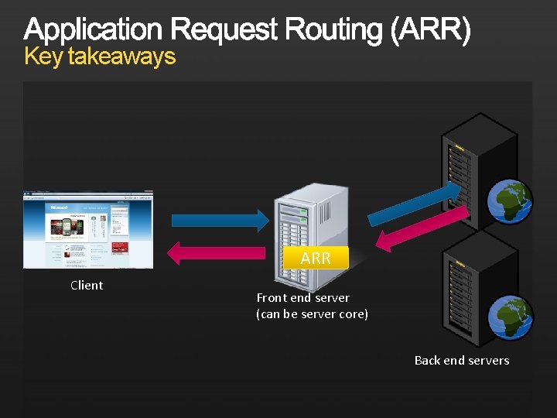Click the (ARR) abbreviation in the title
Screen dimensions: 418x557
[x=431, y=30]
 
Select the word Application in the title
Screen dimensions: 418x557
[x=94, y=30]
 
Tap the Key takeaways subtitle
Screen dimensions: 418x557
[x=100, y=57]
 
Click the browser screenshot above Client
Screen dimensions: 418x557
[x=88, y=229]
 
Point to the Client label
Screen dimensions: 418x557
[x=87, y=285]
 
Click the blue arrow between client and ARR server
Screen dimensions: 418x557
[x=219, y=219]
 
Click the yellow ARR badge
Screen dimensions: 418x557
[x=316, y=258]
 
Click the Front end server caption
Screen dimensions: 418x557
[x=303, y=297]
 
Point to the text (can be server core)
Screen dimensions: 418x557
[x=312, y=314]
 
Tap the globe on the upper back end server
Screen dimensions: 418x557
[x=508, y=201]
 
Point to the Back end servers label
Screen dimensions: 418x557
[x=462, y=360]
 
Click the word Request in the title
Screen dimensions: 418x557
[x=224, y=30]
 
